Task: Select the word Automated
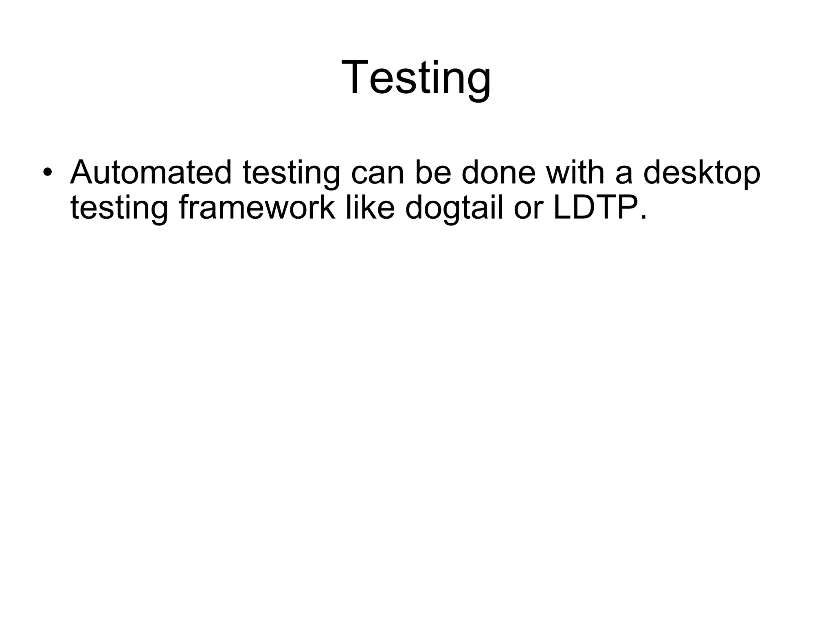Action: (x=151, y=172)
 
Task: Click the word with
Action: (x=575, y=172)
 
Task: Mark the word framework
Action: (x=257, y=208)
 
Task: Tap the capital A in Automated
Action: (x=83, y=172)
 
